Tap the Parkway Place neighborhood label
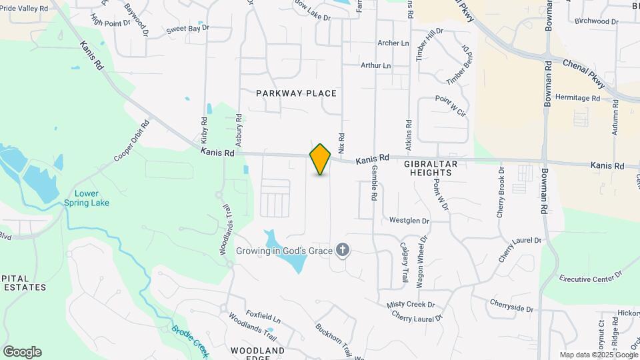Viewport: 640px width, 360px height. [x=296, y=93]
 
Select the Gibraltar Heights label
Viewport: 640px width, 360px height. [x=427, y=167]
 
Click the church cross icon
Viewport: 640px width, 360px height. [x=343, y=251]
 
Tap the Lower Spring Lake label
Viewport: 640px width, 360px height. [x=87, y=198]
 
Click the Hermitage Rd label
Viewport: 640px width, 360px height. [x=577, y=98]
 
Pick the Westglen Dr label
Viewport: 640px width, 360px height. [x=409, y=220]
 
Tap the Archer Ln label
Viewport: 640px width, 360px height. [x=393, y=43]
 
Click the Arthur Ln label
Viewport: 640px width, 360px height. [x=375, y=65]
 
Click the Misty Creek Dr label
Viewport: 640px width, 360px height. [x=411, y=305]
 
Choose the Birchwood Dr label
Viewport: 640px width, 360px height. [x=596, y=21]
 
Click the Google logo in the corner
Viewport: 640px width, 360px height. [x=22, y=352]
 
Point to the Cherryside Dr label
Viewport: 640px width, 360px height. [x=511, y=309]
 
